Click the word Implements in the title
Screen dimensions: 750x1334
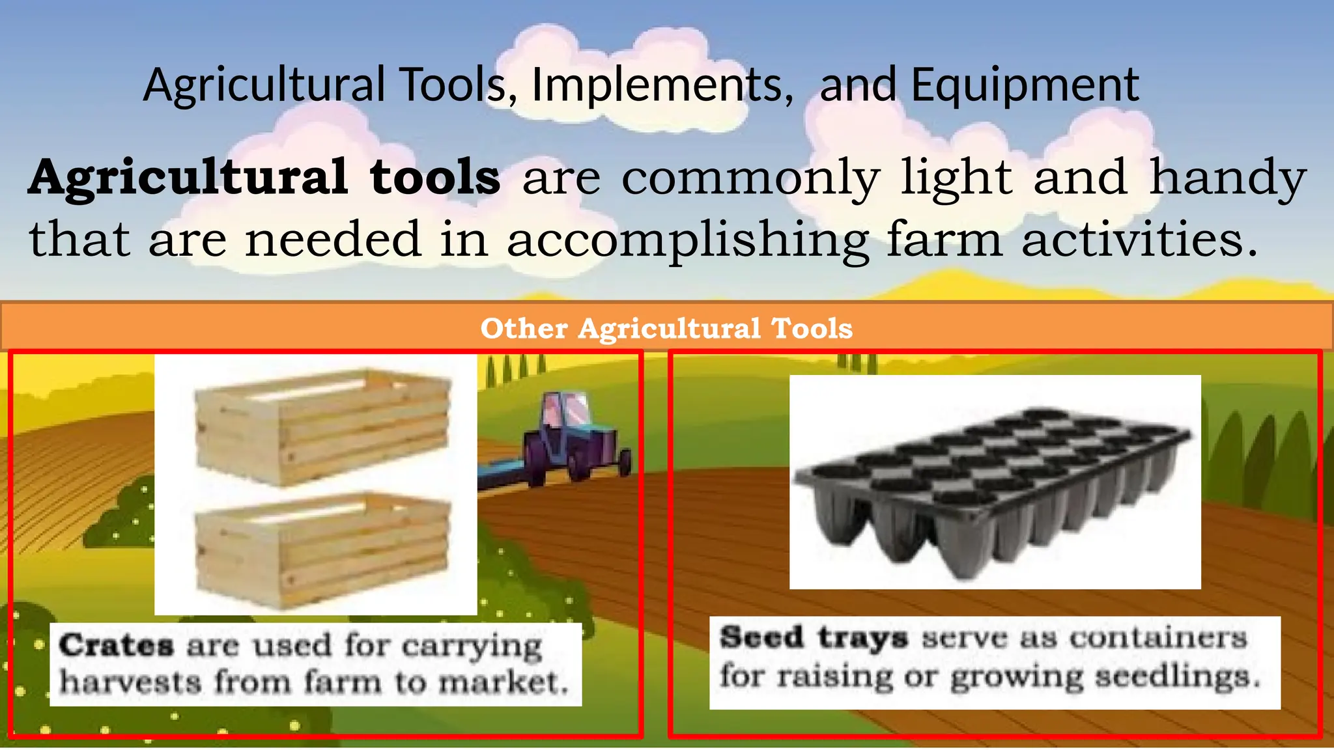pos(658,85)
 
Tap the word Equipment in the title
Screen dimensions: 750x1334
pos(1025,85)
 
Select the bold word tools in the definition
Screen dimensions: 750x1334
pos(434,177)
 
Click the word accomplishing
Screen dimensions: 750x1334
pos(688,240)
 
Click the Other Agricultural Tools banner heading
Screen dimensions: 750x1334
pos(666,328)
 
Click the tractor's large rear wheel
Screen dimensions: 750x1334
pos(540,459)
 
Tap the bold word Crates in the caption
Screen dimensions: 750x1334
pos(116,646)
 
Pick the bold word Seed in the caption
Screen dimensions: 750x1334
pos(761,637)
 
